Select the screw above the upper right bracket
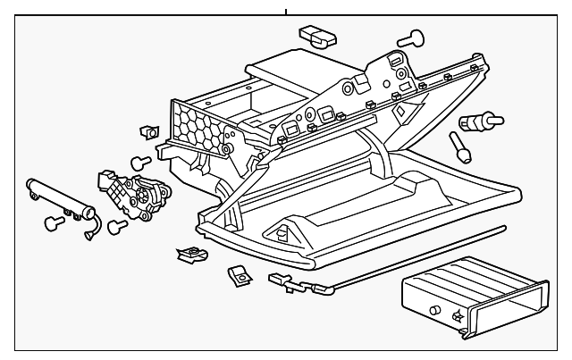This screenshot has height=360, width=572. (412, 37)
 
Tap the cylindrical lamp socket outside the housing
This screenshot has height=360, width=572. (474, 121)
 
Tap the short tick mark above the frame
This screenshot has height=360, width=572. (286, 12)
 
